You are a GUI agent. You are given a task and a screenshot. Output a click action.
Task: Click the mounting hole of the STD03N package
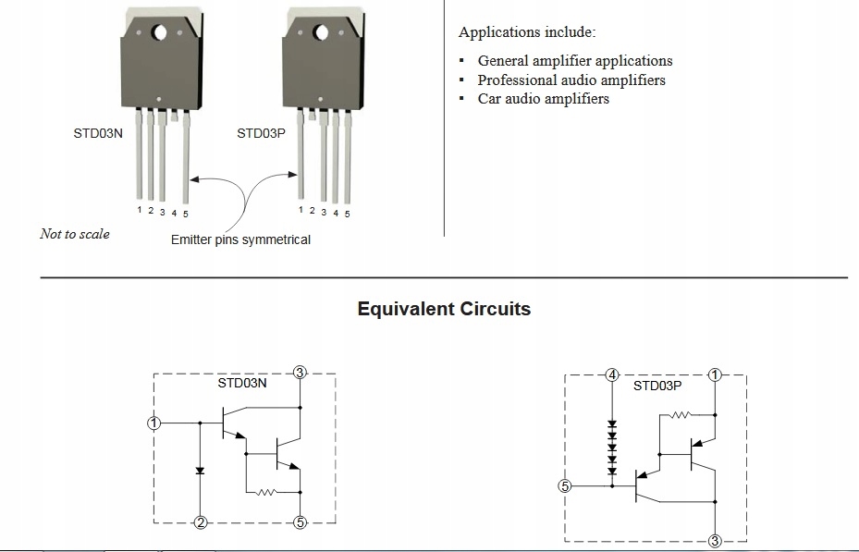pos(159,33)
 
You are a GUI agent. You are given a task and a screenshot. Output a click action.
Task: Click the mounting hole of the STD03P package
pos(321,33)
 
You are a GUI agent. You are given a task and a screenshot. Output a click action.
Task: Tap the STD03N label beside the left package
pos(98,134)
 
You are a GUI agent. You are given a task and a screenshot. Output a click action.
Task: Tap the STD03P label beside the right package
pos(262,134)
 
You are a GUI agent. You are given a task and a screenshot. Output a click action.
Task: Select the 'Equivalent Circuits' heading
pos(444,309)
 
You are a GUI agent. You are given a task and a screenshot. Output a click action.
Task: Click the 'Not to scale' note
pos(75,234)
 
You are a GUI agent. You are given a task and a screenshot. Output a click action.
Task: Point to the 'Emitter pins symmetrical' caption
pos(240,239)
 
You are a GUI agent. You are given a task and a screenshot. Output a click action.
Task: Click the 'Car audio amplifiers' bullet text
pos(544,99)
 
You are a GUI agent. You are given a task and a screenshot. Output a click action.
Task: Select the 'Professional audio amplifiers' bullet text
pos(571,80)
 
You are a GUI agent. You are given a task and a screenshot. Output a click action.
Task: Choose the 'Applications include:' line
pos(527,31)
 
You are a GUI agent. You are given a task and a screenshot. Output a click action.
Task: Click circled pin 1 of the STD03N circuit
pos(153,423)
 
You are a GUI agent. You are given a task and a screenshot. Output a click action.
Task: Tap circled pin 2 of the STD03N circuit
pos(201,522)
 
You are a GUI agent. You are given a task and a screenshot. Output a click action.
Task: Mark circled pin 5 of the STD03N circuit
pos(300,522)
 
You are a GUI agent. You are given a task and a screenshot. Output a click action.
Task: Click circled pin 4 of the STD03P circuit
pos(612,375)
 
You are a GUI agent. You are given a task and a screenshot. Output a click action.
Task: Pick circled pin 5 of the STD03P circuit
pos(564,485)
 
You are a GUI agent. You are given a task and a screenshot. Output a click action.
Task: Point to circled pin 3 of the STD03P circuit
pos(715,541)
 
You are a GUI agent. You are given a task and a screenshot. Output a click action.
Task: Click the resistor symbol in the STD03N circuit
pos(266,492)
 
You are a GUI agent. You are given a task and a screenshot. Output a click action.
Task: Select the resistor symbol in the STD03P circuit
pos(681,415)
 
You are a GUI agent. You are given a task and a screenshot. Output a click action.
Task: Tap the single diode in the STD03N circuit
pos(200,471)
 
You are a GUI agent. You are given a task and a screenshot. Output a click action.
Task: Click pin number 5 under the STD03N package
pos(186,215)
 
